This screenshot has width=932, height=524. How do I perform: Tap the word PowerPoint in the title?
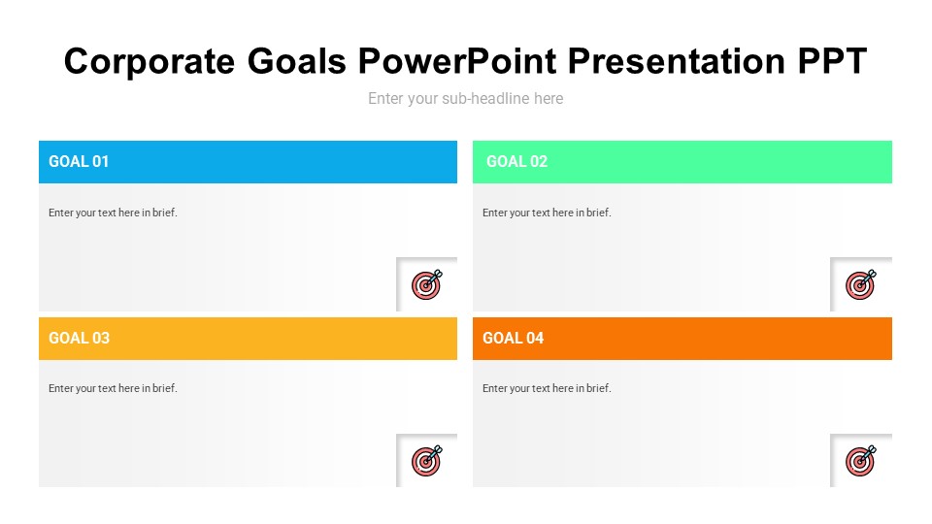click(x=456, y=61)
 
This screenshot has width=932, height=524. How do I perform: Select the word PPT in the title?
click(x=832, y=61)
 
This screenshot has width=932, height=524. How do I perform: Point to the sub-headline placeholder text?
click(x=465, y=98)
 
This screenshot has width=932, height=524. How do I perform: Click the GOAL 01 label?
click(x=79, y=162)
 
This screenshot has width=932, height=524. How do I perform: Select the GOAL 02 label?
click(x=516, y=162)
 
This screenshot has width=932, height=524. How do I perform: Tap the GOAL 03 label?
click(x=79, y=338)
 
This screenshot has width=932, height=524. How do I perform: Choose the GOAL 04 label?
click(x=513, y=338)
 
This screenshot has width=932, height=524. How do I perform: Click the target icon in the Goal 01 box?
click(x=427, y=284)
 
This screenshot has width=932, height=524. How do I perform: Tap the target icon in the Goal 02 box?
click(x=861, y=284)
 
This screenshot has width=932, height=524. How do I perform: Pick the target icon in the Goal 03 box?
click(x=427, y=460)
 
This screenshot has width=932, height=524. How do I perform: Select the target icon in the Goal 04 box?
click(x=861, y=460)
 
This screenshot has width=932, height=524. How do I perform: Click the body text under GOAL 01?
click(x=113, y=213)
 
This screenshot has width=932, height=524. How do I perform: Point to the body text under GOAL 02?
click(x=547, y=213)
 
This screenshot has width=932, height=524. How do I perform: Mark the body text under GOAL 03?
click(x=113, y=388)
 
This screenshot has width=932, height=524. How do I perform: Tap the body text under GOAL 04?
click(x=547, y=388)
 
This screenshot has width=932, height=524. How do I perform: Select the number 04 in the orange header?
click(x=534, y=338)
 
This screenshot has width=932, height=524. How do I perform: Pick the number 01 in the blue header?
click(x=100, y=162)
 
